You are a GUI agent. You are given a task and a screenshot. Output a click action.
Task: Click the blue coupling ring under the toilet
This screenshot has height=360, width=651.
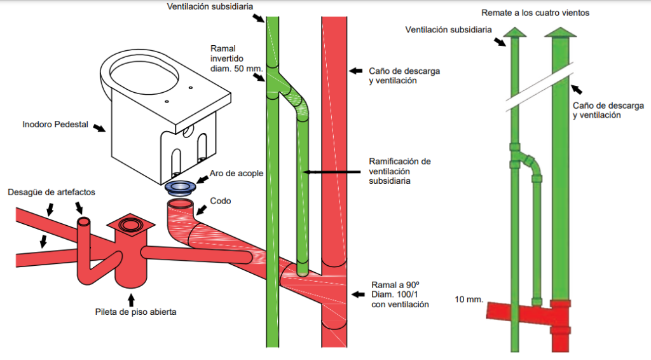pyautogui.click(x=180, y=188)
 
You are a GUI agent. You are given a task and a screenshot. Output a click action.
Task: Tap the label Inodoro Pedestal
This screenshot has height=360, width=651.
pyautogui.click(x=55, y=124)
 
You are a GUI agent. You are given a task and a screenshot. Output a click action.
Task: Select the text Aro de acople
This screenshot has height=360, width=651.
pyautogui.click(x=236, y=173)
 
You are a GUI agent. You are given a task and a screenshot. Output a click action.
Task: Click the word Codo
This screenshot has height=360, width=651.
pyautogui.click(x=221, y=201)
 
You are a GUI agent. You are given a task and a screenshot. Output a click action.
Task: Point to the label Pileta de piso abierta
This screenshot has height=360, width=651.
pyautogui.click(x=135, y=312)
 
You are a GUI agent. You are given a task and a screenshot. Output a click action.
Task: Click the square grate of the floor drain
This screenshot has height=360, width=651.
pyautogui.click(x=131, y=225)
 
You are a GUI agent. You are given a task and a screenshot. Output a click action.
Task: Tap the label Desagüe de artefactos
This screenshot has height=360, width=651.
pyautogui.click(x=51, y=192)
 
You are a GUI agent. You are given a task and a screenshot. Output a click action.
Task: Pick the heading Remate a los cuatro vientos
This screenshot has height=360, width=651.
pyautogui.click(x=535, y=13)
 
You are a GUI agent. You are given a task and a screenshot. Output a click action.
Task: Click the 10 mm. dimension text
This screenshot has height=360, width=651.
pyautogui.click(x=469, y=300)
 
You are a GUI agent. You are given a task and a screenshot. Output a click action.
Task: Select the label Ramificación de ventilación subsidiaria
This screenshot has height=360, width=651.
pyautogui.click(x=399, y=171)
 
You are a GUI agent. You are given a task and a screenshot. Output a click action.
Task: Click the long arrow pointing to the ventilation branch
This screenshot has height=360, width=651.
pyautogui.click(x=331, y=172)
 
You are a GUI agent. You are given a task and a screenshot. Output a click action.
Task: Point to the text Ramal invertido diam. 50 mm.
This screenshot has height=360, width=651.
pyautogui.click(x=236, y=59)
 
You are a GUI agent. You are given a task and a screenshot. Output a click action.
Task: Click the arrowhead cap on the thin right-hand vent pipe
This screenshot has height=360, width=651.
pyautogui.click(x=515, y=32)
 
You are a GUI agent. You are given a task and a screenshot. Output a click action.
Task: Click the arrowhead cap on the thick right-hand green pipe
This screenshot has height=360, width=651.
pyautogui.click(x=561, y=32)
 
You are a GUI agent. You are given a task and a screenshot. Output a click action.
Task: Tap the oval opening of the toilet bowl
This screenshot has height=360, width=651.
pyautogui.click(x=144, y=78)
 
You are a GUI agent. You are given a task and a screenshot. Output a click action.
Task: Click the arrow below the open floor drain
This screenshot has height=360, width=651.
pyautogui.click(x=131, y=300)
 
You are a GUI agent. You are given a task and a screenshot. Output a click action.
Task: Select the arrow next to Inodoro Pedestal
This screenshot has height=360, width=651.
pyautogui.click(x=99, y=127)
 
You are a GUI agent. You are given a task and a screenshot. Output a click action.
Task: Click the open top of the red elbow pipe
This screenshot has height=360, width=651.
pyautogui.click(x=180, y=204)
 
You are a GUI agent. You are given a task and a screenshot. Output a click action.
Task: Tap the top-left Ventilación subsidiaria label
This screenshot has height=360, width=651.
pyautogui.click(x=210, y=6)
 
